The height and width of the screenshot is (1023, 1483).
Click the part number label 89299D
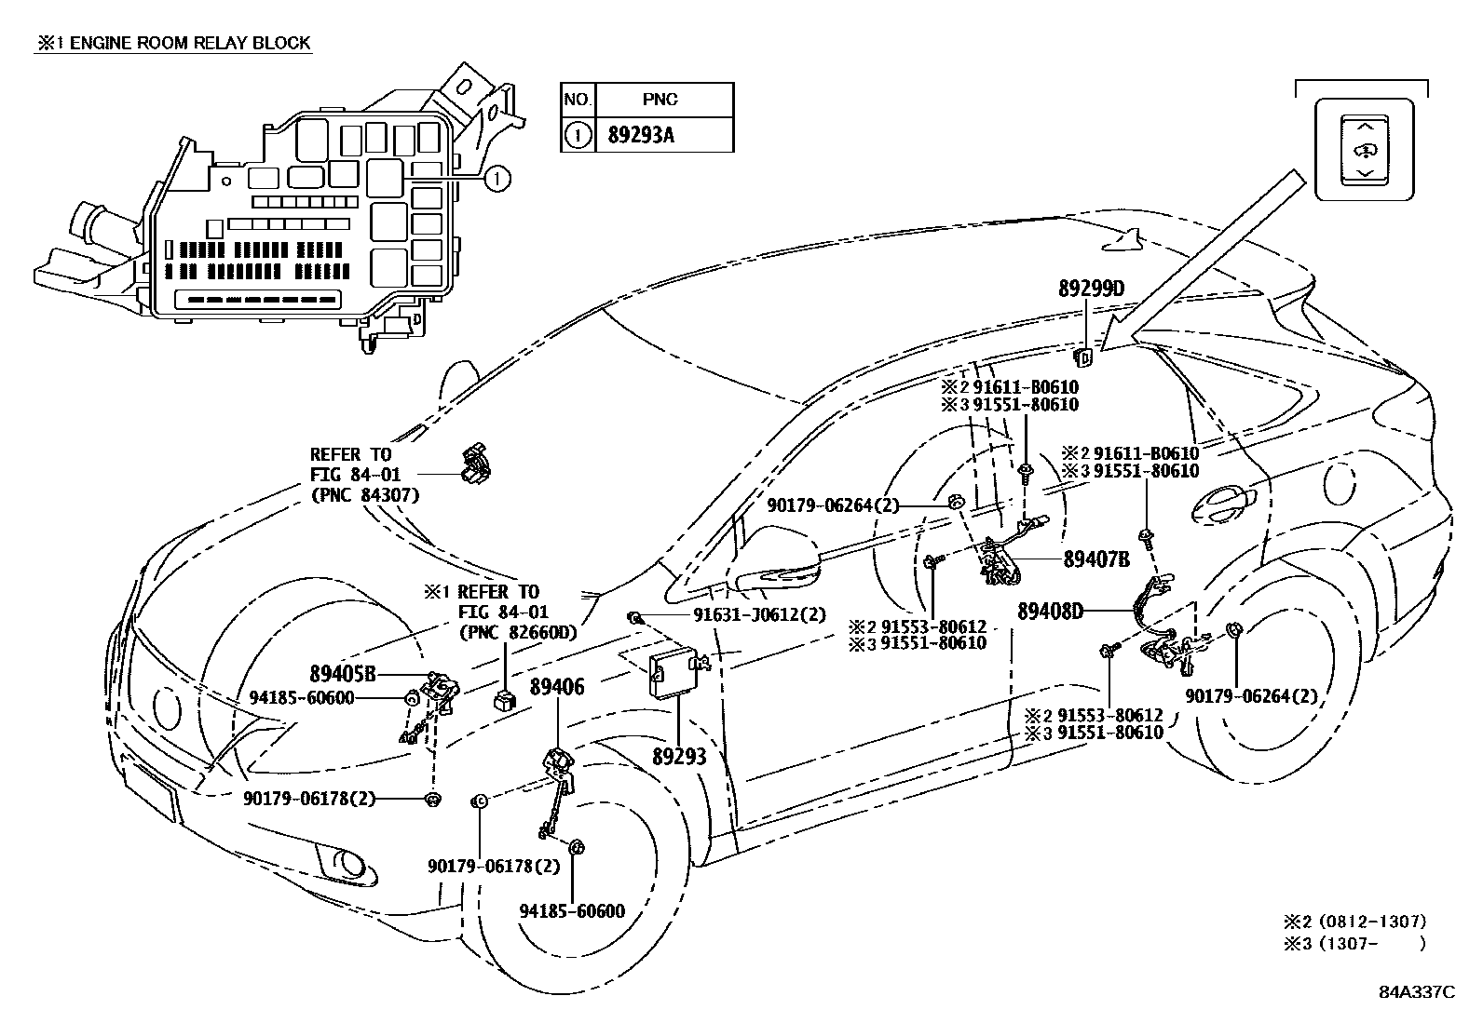[x=1091, y=289]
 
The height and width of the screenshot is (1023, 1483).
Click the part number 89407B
[x=1096, y=559]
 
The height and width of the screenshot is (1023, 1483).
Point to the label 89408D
[x=1051, y=612]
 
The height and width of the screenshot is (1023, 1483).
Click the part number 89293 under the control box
[x=679, y=756]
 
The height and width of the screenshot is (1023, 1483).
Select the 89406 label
[x=557, y=687]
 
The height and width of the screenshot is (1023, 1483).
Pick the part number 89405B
[x=343, y=673]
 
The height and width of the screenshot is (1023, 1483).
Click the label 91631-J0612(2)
[x=759, y=615]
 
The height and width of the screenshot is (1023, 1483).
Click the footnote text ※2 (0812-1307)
[x=1355, y=922]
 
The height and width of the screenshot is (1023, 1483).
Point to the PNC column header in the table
[x=660, y=100]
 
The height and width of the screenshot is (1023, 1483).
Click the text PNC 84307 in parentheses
[x=364, y=495]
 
